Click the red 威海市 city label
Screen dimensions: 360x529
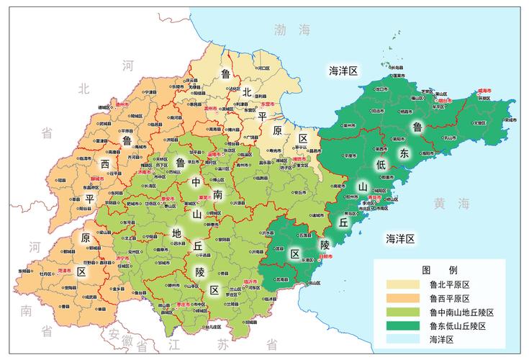click(484, 91)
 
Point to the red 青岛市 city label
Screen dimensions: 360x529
click(374, 196)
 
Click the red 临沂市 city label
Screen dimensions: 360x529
click(251, 279)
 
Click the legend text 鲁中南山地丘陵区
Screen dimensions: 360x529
click(461, 312)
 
